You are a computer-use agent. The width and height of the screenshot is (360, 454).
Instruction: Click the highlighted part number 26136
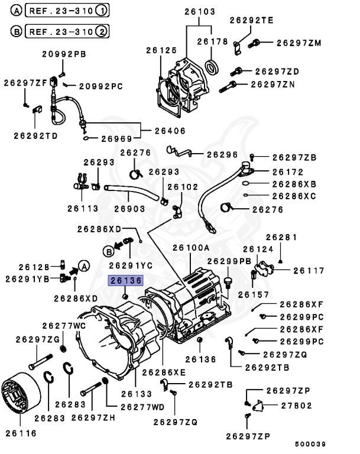124,281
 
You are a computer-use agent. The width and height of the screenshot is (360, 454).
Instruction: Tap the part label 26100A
191,248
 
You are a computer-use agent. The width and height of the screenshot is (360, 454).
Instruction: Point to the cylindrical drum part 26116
21,400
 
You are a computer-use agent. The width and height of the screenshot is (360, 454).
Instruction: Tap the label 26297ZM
299,43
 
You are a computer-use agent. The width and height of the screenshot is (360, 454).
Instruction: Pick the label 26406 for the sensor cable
170,131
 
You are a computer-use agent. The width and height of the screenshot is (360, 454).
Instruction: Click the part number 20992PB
63,54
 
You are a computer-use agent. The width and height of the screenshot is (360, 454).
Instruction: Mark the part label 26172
287,172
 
